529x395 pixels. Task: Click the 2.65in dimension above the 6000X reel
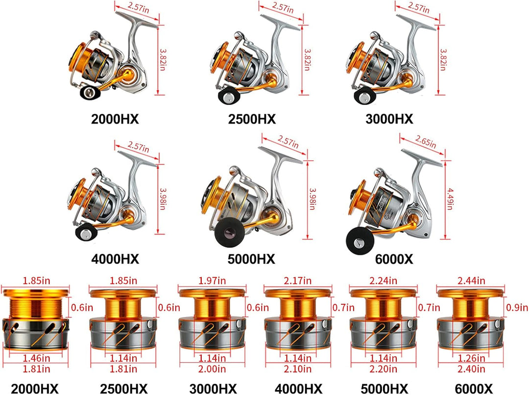426,142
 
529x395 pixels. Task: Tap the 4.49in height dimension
450,199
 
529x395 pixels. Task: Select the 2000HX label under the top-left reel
115,119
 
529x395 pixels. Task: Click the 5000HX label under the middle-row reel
251,259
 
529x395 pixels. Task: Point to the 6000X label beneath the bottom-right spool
473,389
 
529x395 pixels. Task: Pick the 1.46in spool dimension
36,358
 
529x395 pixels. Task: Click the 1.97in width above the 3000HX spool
212,281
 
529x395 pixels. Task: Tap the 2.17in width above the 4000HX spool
298,281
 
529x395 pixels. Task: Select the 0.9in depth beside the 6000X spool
517,308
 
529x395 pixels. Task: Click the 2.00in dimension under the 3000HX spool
212,369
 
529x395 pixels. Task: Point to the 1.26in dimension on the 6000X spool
471,358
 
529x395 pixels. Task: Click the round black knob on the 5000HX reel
229,233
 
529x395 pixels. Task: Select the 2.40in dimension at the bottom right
471,369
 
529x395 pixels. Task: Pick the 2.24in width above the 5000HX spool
383,281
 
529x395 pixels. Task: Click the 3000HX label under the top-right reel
389,119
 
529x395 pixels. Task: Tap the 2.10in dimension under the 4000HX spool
298,369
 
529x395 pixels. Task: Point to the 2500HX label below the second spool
123,389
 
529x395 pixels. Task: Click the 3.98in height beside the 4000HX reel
162,199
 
